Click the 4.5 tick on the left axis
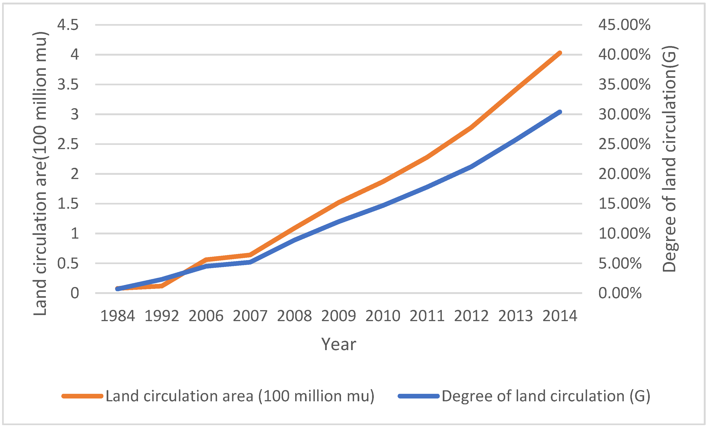click(x=68, y=25)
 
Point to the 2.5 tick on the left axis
click(x=68, y=144)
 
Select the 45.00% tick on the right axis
click(x=624, y=25)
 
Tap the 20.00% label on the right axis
click(x=624, y=174)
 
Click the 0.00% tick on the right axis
click(x=620, y=293)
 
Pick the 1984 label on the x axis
click(x=117, y=316)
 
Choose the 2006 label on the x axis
click(x=206, y=316)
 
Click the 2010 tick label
click(x=383, y=316)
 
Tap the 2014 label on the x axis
click(x=560, y=316)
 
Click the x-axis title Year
click(x=339, y=344)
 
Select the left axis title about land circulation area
click(x=40, y=174)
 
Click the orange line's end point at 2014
click(x=560, y=53)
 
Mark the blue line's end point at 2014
click(x=560, y=112)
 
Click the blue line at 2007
click(x=250, y=262)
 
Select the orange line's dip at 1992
click(x=162, y=286)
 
